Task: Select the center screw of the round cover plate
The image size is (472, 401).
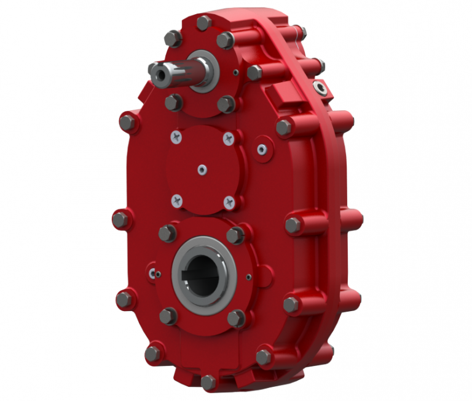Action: (201, 168)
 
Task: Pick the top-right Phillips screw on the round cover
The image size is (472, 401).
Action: (228, 138)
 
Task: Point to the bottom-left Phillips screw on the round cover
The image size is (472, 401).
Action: (176, 198)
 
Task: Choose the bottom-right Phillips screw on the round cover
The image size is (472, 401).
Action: (229, 201)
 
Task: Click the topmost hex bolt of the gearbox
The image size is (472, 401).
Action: (203, 23)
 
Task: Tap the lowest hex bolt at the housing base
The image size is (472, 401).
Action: (208, 382)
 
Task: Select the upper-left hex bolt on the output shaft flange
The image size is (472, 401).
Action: (168, 233)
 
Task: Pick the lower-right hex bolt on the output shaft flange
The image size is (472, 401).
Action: (236, 318)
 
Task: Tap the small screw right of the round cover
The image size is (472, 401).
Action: (262, 148)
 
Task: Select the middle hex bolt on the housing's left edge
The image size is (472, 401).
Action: (120, 219)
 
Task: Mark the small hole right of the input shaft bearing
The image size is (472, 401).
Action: (236, 73)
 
